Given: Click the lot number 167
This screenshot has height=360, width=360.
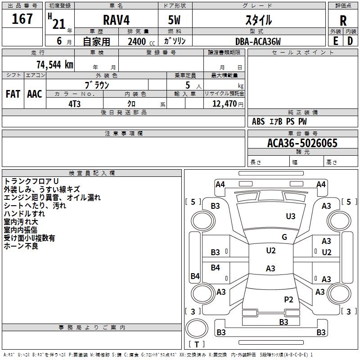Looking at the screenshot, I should pyautogui.click(x=22, y=19).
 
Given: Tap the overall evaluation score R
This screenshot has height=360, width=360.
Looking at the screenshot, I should pyautogui.click(x=343, y=20).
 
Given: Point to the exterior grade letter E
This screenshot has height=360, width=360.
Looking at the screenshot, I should pyautogui.click(x=335, y=41).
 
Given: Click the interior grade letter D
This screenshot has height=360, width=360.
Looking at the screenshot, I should pyautogui.click(x=350, y=41).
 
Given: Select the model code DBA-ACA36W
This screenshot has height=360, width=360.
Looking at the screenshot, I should pyautogui.click(x=258, y=41).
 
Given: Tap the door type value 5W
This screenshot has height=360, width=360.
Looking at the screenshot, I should pyautogui.click(x=175, y=20).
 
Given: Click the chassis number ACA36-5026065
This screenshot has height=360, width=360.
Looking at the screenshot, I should pyautogui.click(x=302, y=143).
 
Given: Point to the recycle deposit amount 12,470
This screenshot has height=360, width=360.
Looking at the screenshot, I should pyautogui.click(x=224, y=103).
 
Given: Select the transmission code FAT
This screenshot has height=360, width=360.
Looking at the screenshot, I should pyautogui.click(x=13, y=94).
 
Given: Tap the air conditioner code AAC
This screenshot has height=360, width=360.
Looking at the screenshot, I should pyautogui.click(x=34, y=94).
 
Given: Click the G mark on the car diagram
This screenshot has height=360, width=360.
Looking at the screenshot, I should pyautogui.click(x=284, y=237).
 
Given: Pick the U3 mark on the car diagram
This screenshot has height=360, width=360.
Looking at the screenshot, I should pyautogui.click(x=291, y=216).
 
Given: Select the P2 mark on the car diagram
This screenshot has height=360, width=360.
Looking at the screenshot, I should pyautogui.click(x=288, y=299).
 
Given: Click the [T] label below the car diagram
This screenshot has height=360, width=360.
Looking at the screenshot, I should pyautogui.click(x=196, y=344).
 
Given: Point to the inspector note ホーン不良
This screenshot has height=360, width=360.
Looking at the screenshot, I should pyautogui.click(x=21, y=246).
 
